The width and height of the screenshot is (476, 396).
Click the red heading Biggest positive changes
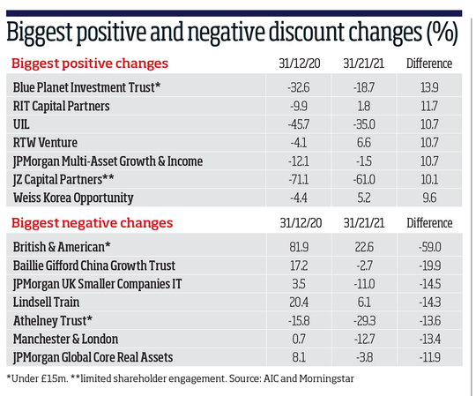tap(90, 64)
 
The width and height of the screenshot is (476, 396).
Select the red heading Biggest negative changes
tap(92, 223)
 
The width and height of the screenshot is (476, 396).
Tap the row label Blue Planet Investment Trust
tap(86, 87)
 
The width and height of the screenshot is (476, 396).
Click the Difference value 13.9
tap(429, 88)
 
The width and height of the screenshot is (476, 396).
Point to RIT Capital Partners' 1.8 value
tap(364, 107)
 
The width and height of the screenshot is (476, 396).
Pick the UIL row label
tap(21, 124)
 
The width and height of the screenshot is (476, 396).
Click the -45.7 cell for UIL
tap(299, 124)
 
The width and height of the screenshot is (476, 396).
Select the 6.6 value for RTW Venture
tap(364, 143)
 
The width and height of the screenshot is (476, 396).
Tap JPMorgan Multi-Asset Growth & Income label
tap(108, 161)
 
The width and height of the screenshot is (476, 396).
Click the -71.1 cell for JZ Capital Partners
tap(299, 179)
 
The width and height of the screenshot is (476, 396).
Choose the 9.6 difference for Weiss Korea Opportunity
tap(429, 198)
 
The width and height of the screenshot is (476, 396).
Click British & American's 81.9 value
tap(299, 247)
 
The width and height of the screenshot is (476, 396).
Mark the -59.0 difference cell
tap(430, 247)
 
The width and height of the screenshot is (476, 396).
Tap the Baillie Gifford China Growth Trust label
tap(94, 265)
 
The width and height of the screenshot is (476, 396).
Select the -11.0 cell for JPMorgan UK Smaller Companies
tap(364, 284)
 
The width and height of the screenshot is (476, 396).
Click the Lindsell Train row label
tap(46, 303)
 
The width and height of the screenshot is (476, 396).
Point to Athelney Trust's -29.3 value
tap(364, 321)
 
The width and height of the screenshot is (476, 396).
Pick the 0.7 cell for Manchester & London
tap(299, 340)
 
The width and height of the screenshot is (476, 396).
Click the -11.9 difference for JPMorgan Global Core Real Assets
tap(430, 357)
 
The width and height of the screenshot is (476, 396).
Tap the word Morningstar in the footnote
tap(327, 379)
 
